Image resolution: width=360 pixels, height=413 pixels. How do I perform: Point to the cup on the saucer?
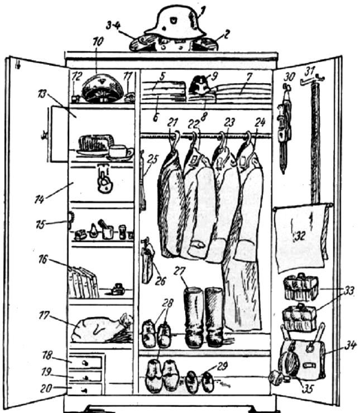point(118,151)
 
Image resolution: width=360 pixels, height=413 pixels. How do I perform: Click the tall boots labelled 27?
point(204,316)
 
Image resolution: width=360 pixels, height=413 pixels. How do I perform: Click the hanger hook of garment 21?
point(175,136)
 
